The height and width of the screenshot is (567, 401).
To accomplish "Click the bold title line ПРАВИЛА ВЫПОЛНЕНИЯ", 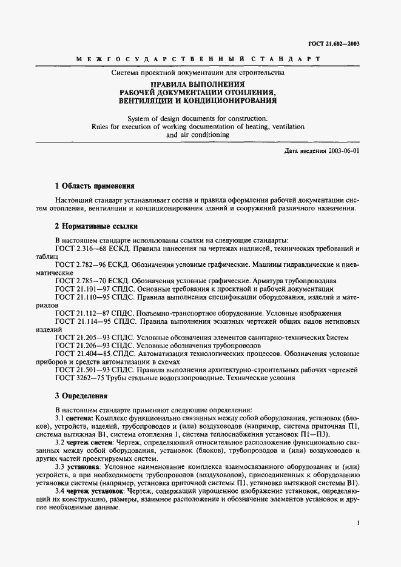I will (197, 83).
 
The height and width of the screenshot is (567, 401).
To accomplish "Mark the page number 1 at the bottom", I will (359, 522).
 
